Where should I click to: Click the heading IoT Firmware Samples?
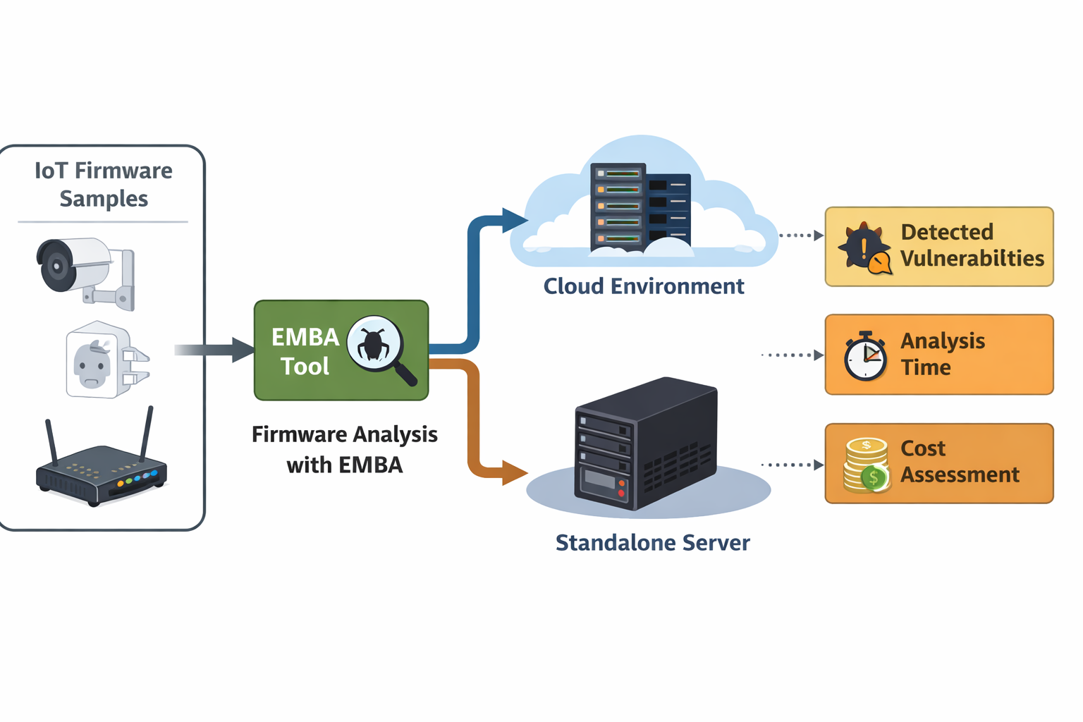[104, 185]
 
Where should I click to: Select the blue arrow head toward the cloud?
[514, 220]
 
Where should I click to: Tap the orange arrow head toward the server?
[514, 472]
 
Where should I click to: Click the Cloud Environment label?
[644, 286]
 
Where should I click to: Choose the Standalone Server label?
[652, 543]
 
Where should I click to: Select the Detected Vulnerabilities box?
[939, 247]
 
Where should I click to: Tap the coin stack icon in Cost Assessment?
[867, 465]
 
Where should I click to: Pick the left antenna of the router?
[51, 443]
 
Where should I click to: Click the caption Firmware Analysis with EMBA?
[344, 449]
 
